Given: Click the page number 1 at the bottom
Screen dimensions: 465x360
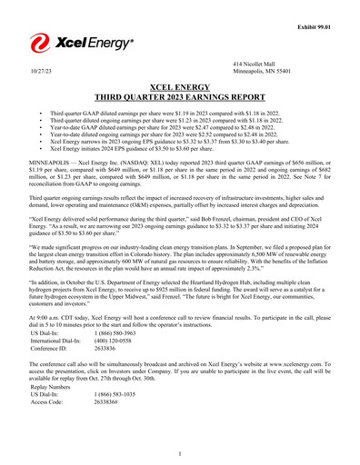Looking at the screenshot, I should click(180, 451).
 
